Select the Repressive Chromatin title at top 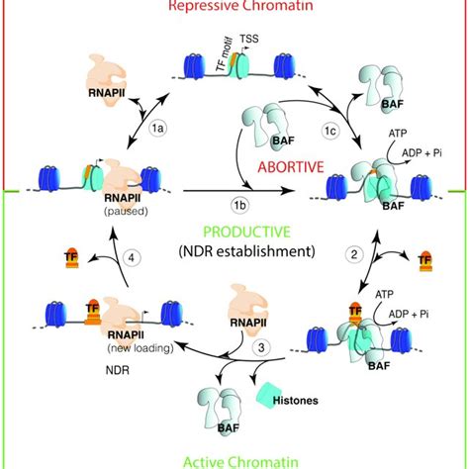[234, 6]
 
